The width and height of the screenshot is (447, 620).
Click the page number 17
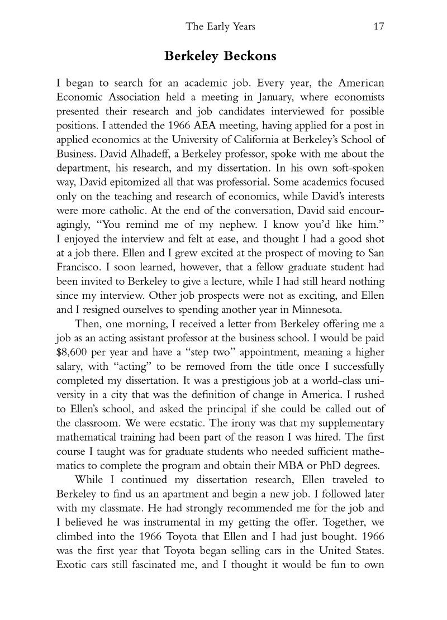378,26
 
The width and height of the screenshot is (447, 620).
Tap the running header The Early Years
223,26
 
